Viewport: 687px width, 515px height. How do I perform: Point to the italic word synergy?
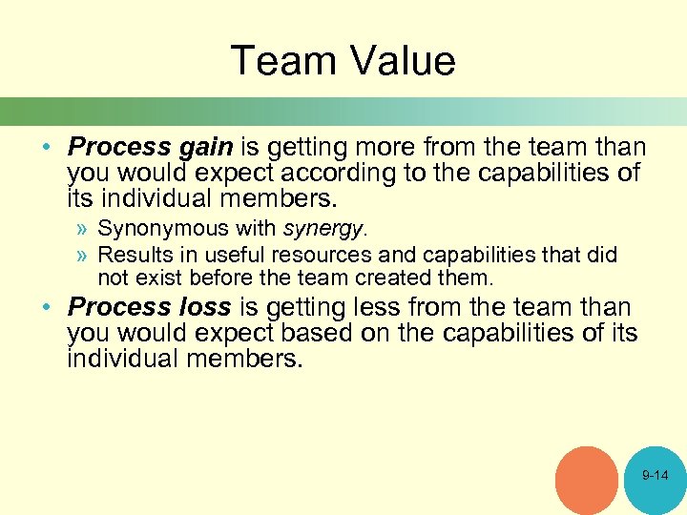coord(323,229)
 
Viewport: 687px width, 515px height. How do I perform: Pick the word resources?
coord(323,256)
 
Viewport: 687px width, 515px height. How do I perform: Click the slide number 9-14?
coord(655,475)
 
